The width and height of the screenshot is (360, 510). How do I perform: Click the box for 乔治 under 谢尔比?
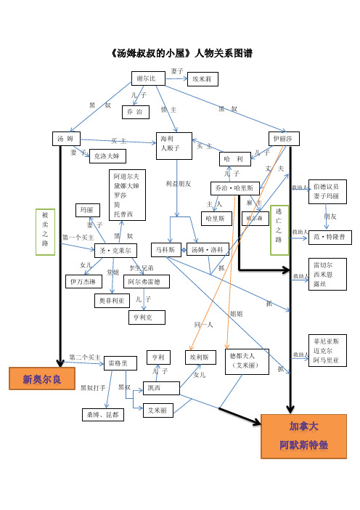[x=134, y=112]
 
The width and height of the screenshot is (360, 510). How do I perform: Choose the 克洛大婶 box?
[x=108, y=155]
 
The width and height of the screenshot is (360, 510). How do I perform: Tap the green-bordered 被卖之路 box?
[x=45, y=233]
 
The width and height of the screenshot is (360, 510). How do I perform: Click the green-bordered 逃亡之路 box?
[x=279, y=230]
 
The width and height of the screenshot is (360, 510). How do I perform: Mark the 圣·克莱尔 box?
[x=115, y=251]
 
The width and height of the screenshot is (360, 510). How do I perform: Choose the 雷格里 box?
[x=120, y=363]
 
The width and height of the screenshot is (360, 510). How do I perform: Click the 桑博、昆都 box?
[x=103, y=415]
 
